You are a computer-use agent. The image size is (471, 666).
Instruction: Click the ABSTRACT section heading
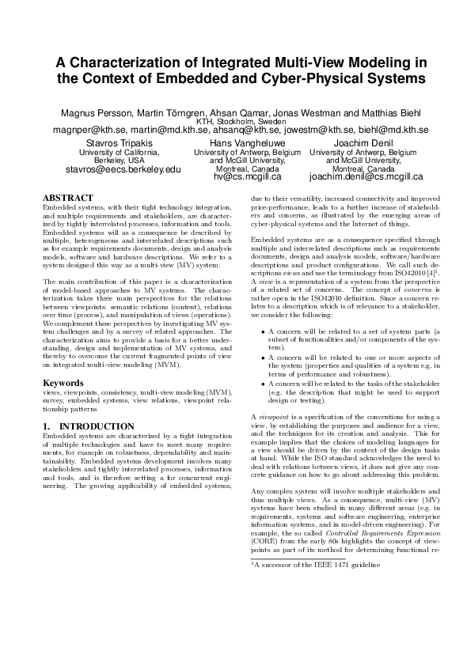point(67,197)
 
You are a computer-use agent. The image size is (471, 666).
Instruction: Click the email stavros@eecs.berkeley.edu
point(123,169)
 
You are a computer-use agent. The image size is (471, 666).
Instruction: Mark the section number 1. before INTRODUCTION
point(45,426)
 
